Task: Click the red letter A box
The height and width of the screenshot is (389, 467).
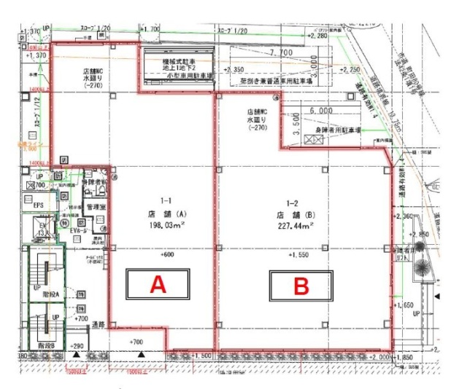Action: click(x=158, y=286)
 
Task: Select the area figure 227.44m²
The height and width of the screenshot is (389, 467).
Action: click(x=295, y=227)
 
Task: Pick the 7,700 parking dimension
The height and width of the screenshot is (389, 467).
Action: click(x=282, y=53)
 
